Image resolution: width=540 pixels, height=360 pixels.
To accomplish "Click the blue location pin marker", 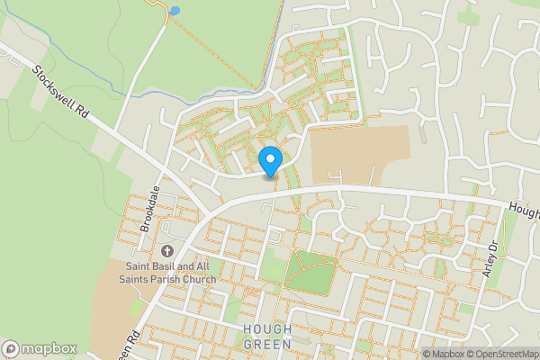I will pos(270,161).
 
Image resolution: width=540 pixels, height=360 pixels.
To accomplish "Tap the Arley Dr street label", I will pos(490,259).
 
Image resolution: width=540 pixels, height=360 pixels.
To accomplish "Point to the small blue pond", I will pos(174,11).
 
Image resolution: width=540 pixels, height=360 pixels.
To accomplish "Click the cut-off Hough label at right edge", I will pos(525,212).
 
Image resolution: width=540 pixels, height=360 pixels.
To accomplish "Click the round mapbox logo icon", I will pos(11,348).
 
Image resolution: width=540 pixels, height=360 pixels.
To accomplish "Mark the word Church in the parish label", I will pos(196,279).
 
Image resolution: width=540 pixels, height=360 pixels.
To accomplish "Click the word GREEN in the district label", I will pos(267,344).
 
